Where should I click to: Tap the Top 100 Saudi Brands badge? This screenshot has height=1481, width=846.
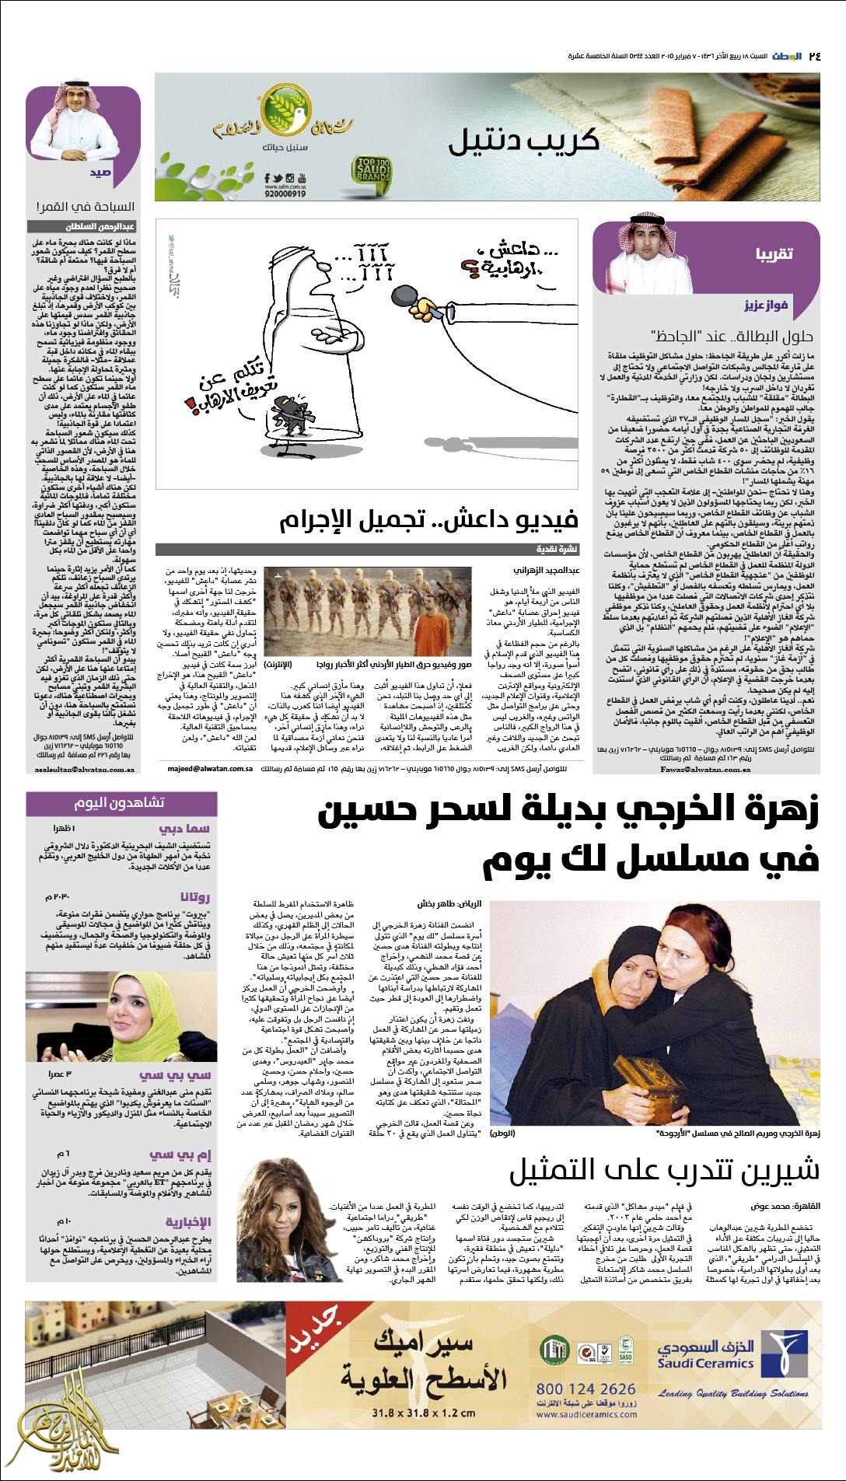click(x=372, y=170)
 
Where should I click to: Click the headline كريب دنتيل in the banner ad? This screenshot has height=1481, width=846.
click(x=523, y=141)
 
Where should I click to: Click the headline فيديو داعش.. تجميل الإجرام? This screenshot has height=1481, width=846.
click(x=428, y=519)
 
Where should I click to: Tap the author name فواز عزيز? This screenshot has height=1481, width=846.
click(x=766, y=306)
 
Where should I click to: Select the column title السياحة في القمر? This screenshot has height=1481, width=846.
click(x=85, y=207)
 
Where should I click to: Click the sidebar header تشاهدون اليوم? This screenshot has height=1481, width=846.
click(x=120, y=802)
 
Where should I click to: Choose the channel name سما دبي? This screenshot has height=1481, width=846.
click(x=184, y=829)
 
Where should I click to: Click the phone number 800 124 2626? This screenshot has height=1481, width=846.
click(x=586, y=1388)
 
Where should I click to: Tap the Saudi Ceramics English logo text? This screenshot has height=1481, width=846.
click(x=705, y=1363)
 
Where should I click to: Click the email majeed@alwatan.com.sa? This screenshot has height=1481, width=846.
click(x=210, y=769)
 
